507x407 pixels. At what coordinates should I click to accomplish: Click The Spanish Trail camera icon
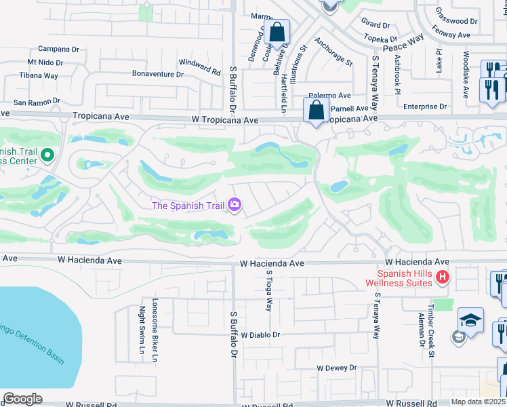pyautogui.click(x=235, y=204)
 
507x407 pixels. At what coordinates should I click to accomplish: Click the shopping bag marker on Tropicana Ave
pyautogui.click(x=317, y=111)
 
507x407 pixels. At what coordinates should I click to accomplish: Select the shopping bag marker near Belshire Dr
pyautogui.click(x=277, y=32)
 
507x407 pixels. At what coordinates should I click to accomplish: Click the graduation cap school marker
pyautogui.click(x=470, y=319)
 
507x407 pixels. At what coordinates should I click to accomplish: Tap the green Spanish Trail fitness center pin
pyautogui.click(x=47, y=156)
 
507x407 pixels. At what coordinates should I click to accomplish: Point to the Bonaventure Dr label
pyautogui.click(x=159, y=74)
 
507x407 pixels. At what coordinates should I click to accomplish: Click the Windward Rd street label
pyautogui.click(x=200, y=67)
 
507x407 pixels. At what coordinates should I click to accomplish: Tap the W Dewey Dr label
pyautogui.click(x=336, y=368)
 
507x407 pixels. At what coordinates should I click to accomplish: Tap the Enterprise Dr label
pyautogui.click(x=425, y=106)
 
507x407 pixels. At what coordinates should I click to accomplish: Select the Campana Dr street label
pyautogui.click(x=59, y=49)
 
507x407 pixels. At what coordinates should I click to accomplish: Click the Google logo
pyautogui.click(x=22, y=399)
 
